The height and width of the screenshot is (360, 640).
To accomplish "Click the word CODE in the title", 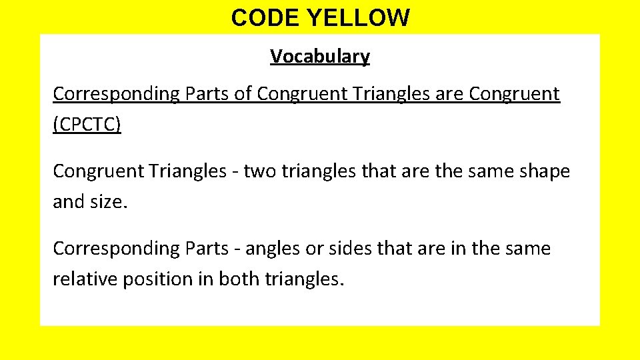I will (265, 18).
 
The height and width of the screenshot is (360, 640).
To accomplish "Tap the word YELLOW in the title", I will (359, 18).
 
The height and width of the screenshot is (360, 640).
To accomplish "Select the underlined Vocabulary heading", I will (320, 57).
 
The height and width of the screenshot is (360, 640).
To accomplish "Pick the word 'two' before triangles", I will (259, 171).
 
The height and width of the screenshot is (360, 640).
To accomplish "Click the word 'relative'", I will (85, 279).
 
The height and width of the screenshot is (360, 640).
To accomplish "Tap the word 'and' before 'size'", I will (68, 201).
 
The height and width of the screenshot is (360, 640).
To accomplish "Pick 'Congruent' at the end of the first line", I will (514, 95).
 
